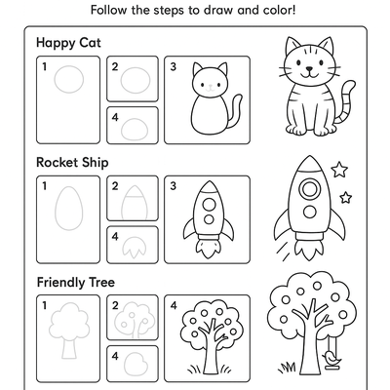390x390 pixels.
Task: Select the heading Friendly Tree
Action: [x=75, y=283]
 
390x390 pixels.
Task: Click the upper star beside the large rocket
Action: [x=339, y=170]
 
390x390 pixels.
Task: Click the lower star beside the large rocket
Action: [x=345, y=198]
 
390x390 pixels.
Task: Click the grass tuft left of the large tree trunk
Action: [x=289, y=368]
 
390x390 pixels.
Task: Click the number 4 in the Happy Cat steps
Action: [x=115, y=116]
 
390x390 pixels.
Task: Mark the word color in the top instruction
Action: [x=281, y=11]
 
